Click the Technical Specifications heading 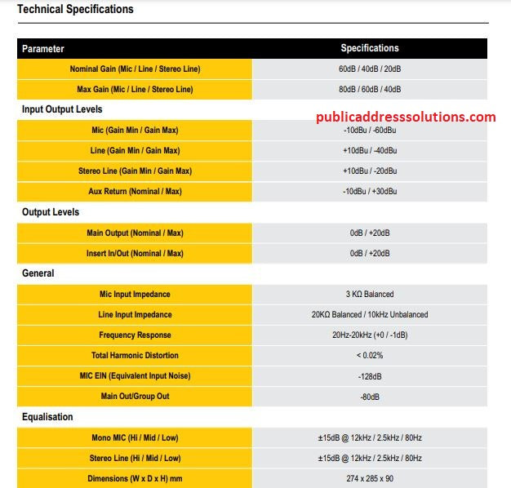click(75, 10)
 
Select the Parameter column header click(42, 49)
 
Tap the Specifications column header click(370, 48)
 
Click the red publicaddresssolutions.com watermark click(406, 117)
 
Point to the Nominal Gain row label click(135, 69)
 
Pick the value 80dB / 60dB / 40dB click(370, 90)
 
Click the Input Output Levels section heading click(62, 109)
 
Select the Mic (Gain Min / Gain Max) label click(135, 131)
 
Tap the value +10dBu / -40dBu click(370, 151)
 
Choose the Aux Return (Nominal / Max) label click(135, 192)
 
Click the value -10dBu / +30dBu click(370, 192)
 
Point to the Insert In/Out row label click(135, 254)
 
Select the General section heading click(38, 273)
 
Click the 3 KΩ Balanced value click(370, 295)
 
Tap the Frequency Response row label click(135, 335)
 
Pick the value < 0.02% click(370, 356)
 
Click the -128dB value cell click(370, 376)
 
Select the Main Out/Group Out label click(135, 397)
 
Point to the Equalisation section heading click(47, 417)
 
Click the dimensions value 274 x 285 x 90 click(370, 479)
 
